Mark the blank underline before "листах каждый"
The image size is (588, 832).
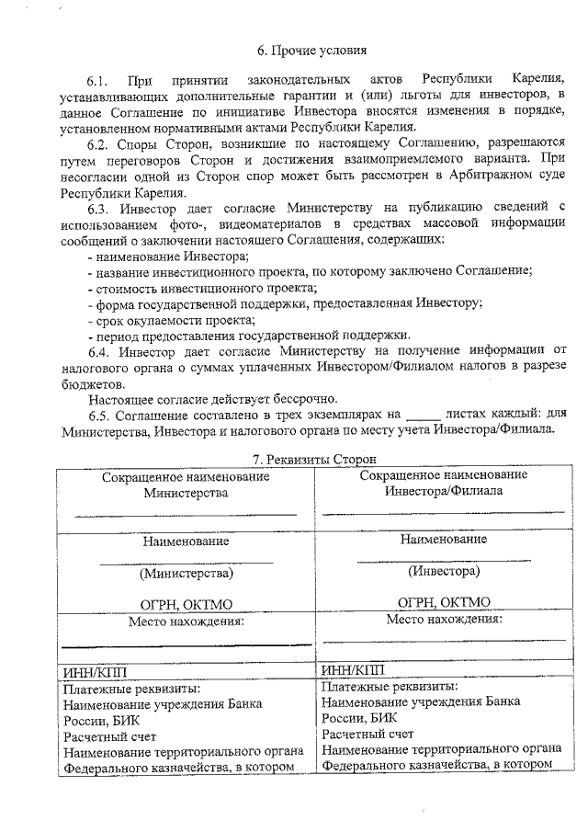pyautogui.click(x=424, y=416)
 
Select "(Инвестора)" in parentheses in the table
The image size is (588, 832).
pyautogui.click(x=444, y=571)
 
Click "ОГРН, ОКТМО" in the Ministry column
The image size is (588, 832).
pyautogui.click(x=187, y=604)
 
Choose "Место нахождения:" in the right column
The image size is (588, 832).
pyautogui.click(x=445, y=619)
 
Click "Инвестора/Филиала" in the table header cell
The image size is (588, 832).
pyautogui.click(x=443, y=491)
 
